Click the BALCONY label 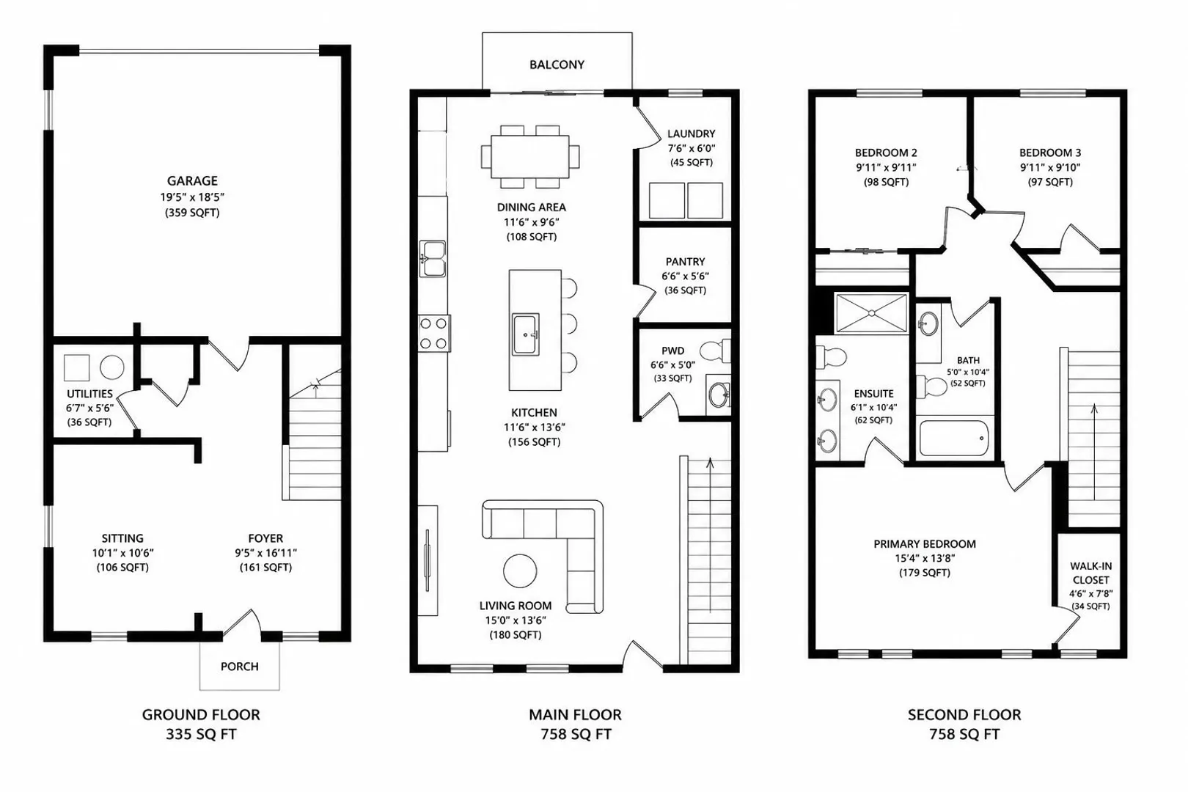557,65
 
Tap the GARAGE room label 192,181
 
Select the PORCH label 240,667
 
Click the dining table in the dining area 529,157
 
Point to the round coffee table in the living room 520,571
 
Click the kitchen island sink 526,334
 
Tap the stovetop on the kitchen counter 434,333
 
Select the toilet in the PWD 716,351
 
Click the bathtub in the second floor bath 953,439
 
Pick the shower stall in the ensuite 871,314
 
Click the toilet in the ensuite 831,357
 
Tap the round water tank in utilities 112,367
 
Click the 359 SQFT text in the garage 192,213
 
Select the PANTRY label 685,262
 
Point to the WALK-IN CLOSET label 1091,573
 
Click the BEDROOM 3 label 1050,153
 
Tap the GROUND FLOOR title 201,714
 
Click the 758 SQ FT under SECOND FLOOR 964,734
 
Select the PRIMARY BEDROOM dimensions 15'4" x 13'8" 925,558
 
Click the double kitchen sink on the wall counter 433,259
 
